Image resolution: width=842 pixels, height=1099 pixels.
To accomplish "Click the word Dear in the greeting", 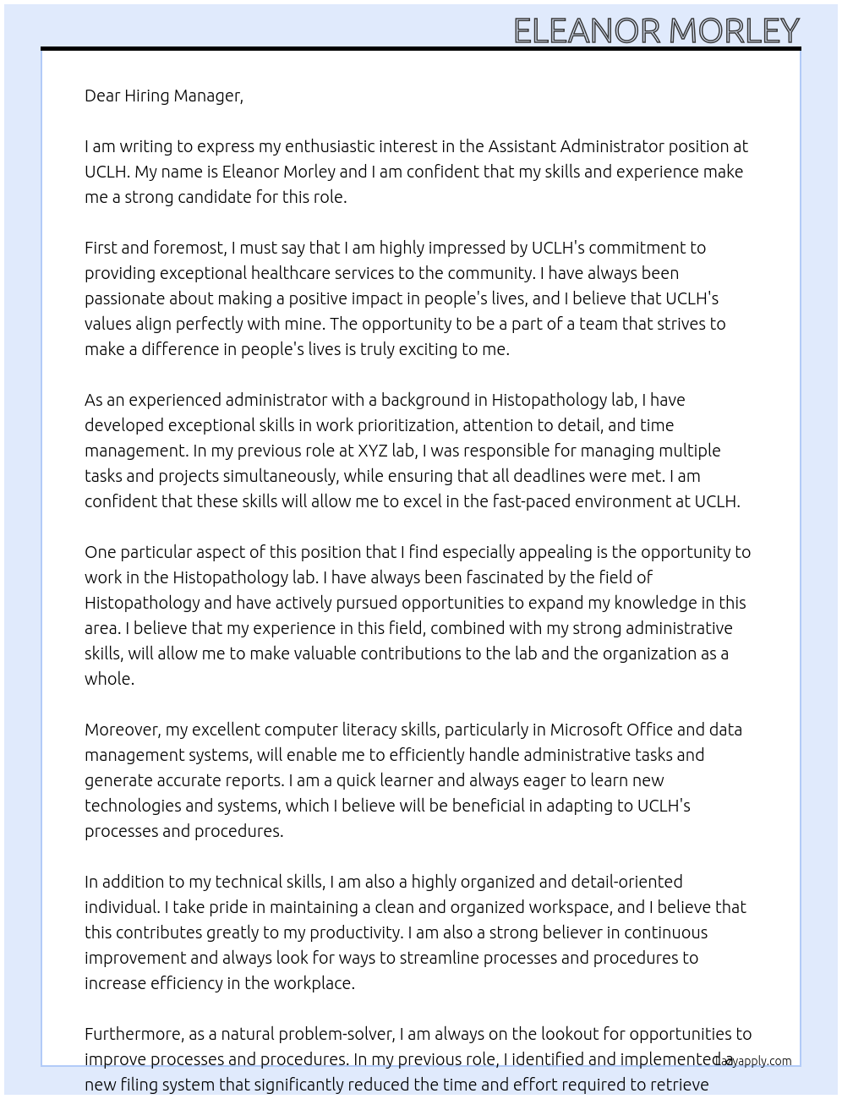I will (x=102, y=96).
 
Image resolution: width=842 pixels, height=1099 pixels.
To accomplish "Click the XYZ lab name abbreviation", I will (x=372, y=451).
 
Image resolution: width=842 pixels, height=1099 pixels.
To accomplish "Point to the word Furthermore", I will (x=134, y=1034).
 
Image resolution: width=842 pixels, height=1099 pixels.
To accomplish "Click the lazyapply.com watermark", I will (x=753, y=1061).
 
